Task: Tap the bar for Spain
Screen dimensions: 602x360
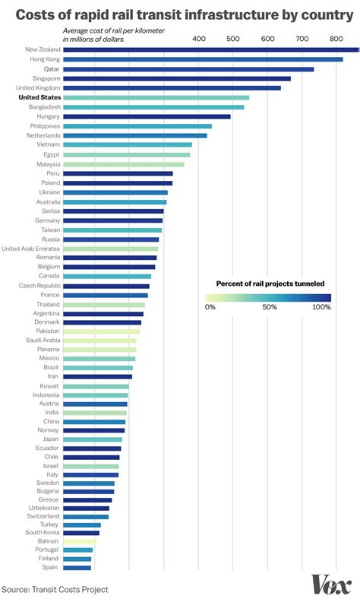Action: pyautogui.click(x=77, y=567)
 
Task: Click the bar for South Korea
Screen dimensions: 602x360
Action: pyautogui.click(x=81, y=533)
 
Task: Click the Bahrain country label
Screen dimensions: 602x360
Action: pyautogui.click(x=48, y=541)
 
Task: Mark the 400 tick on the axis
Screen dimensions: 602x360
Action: pyautogui.click(x=198, y=38)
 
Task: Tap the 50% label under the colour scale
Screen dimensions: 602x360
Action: pyautogui.click(x=268, y=307)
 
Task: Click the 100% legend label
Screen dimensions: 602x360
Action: pyautogui.click(x=321, y=307)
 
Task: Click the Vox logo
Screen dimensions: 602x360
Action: pyautogui.click(x=331, y=585)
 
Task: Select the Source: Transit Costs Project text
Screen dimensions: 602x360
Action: pyautogui.click(x=55, y=589)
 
